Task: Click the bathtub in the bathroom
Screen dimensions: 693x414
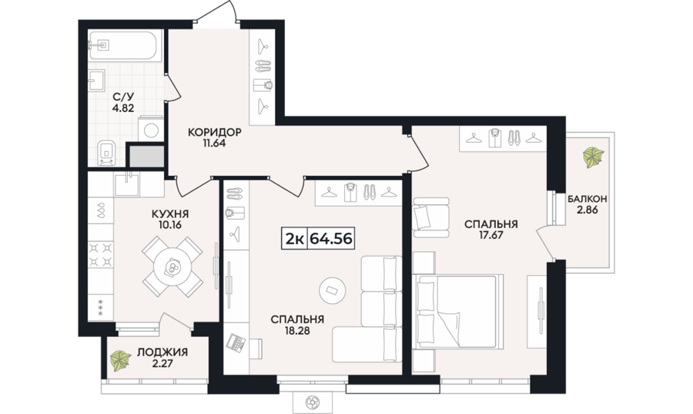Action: point(126,45)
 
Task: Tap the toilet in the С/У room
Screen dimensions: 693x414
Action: point(105,153)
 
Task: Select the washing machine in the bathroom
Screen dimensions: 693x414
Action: point(151,130)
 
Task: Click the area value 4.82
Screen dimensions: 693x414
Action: point(123,107)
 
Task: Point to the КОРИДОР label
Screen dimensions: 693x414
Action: point(214,133)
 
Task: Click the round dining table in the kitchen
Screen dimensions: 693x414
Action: point(172,267)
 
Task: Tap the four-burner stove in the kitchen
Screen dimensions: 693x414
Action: point(101,254)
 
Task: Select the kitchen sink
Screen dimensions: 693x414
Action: point(127,184)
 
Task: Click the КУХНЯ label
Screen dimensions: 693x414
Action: point(169,214)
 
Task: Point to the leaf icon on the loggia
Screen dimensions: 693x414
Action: point(120,360)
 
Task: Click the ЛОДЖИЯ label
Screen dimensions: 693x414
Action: point(162,352)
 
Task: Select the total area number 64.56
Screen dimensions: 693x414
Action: point(331,239)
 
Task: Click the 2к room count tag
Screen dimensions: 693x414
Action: point(294,239)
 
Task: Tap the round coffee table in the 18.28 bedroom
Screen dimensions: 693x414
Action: point(333,291)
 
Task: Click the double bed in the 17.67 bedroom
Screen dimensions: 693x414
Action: point(458,311)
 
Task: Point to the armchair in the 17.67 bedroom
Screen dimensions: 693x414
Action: point(431,217)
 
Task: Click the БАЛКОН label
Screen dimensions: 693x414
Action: point(588,199)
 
